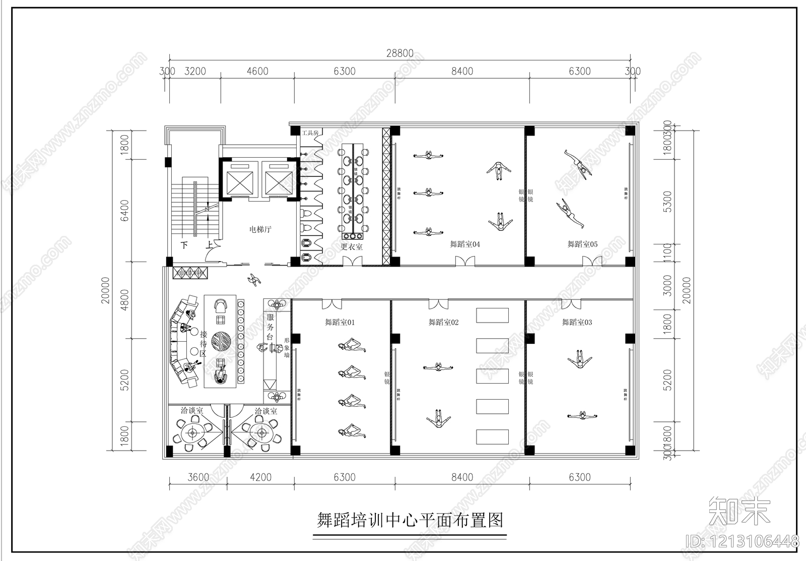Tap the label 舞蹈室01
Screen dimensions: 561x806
click(x=340, y=322)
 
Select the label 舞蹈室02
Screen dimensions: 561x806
click(x=443, y=322)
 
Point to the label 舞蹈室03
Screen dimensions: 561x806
click(x=577, y=322)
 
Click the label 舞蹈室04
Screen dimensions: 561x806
click(x=465, y=244)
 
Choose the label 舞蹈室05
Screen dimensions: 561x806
click(x=582, y=244)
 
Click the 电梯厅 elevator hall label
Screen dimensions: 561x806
click(x=260, y=229)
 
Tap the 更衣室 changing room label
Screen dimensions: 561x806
click(x=352, y=247)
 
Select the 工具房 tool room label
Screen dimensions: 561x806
click(x=310, y=133)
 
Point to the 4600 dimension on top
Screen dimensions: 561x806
click(x=257, y=71)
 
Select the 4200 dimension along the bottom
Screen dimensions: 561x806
click(x=260, y=477)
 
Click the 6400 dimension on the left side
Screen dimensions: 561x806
click(x=124, y=210)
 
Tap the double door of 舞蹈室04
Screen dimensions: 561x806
click(x=464, y=261)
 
